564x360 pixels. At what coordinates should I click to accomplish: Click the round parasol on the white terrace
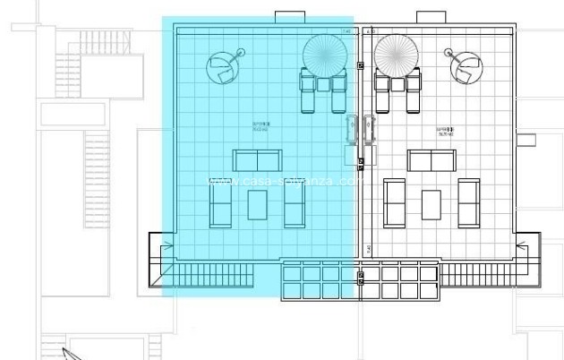[395, 54]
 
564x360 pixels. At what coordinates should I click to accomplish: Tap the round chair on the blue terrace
[223, 64]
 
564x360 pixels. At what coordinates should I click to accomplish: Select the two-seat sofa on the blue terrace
[257, 160]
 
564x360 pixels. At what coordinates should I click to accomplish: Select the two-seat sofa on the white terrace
[432, 160]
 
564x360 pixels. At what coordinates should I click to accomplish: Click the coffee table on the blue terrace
[257, 204]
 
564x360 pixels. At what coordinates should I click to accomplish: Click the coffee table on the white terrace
[432, 204]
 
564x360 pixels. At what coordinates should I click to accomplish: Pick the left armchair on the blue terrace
[219, 204]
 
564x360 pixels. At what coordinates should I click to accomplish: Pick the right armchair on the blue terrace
[295, 204]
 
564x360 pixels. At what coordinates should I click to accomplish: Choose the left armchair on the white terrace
[394, 204]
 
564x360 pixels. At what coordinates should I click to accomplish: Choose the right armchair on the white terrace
[469, 204]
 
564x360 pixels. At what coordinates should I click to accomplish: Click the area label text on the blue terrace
[261, 126]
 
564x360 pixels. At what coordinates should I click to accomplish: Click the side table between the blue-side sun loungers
[323, 83]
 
